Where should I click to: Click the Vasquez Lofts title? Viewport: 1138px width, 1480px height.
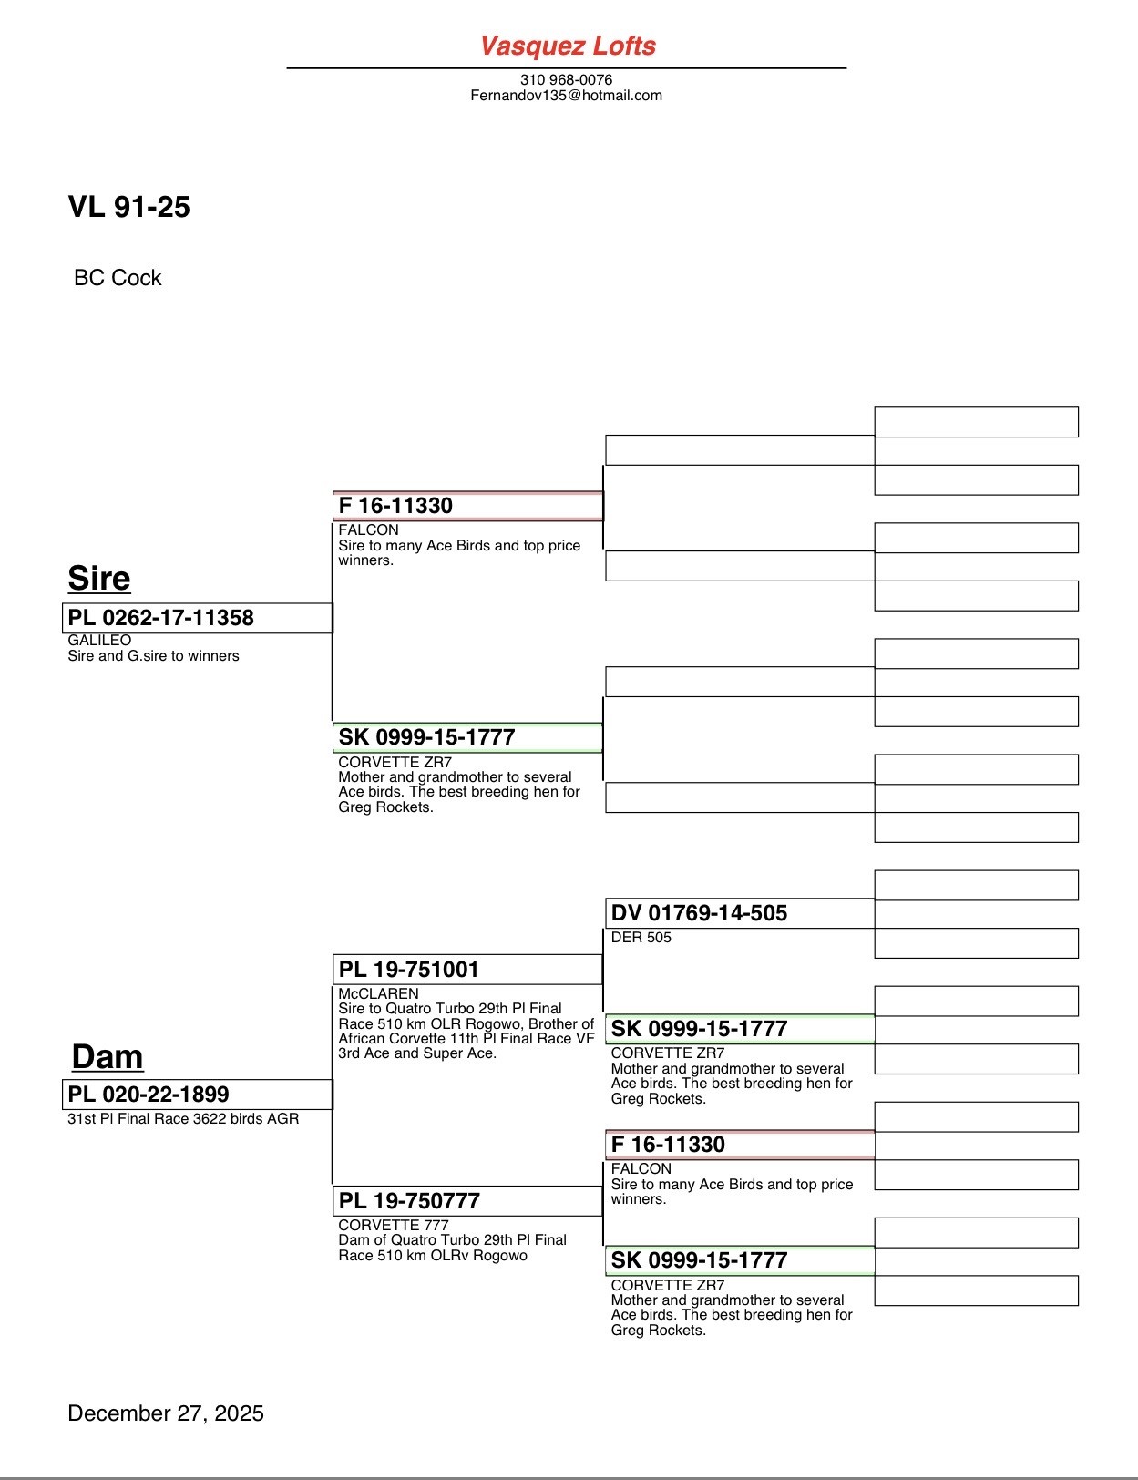point(568,46)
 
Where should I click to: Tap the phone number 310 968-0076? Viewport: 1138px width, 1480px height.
point(566,79)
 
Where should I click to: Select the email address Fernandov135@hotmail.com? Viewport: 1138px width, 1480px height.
point(566,95)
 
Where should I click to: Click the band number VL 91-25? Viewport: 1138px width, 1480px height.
point(128,207)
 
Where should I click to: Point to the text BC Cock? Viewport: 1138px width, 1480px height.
point(118,278)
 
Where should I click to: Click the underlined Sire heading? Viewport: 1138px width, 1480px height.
point(98,578)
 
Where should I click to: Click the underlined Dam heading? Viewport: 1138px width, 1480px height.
point(107,1056)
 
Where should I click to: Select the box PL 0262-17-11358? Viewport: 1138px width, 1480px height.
point(197,617)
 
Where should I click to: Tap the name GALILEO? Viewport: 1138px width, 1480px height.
point(99,640)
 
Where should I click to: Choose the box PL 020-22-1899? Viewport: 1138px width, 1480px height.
point(197,1094)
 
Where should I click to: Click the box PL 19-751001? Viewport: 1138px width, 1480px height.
point(467,969)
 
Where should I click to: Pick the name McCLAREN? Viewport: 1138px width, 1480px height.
point(378,993)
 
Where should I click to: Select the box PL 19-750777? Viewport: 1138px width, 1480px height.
point(467,1200)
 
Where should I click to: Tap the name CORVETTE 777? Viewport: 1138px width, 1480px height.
point(393,1225)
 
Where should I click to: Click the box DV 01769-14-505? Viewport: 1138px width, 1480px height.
point(739,912)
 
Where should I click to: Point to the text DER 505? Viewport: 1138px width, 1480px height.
point(641,937)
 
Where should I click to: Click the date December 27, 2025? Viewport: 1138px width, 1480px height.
point(166,1413)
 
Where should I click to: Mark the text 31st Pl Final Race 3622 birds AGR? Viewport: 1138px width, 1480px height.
point(183,1118)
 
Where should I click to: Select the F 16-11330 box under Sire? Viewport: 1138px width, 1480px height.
point(467,506)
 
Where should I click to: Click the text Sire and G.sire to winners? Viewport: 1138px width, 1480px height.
point(153,655)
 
